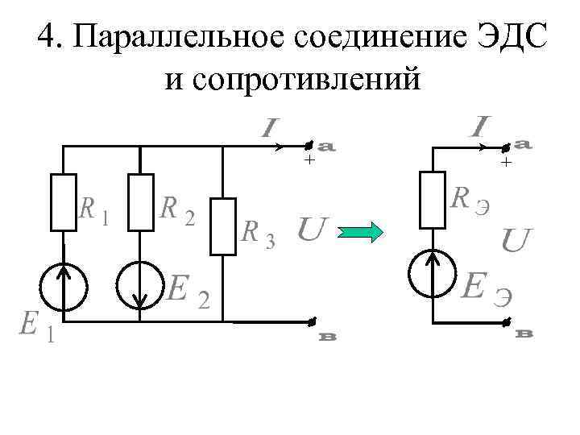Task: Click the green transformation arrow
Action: pyautogui.click(x=362, y=233)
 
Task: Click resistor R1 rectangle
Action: pyautogui.click(x=64, y=201)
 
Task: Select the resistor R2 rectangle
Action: pyautogui.click(x=142, y=201)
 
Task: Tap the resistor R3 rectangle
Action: pyautogui.click(x=222, y=226)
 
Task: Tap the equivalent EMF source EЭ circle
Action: pyautogui.click(x=433, y=274)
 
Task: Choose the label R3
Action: pyautogui.click(x=259, y=234)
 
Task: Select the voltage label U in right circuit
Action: pyautogui.click(x=516, y=240)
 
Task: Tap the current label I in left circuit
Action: pyautogui.click(x=269, y=127)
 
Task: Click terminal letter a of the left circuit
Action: pyautogui.click(x=327, y=147)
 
